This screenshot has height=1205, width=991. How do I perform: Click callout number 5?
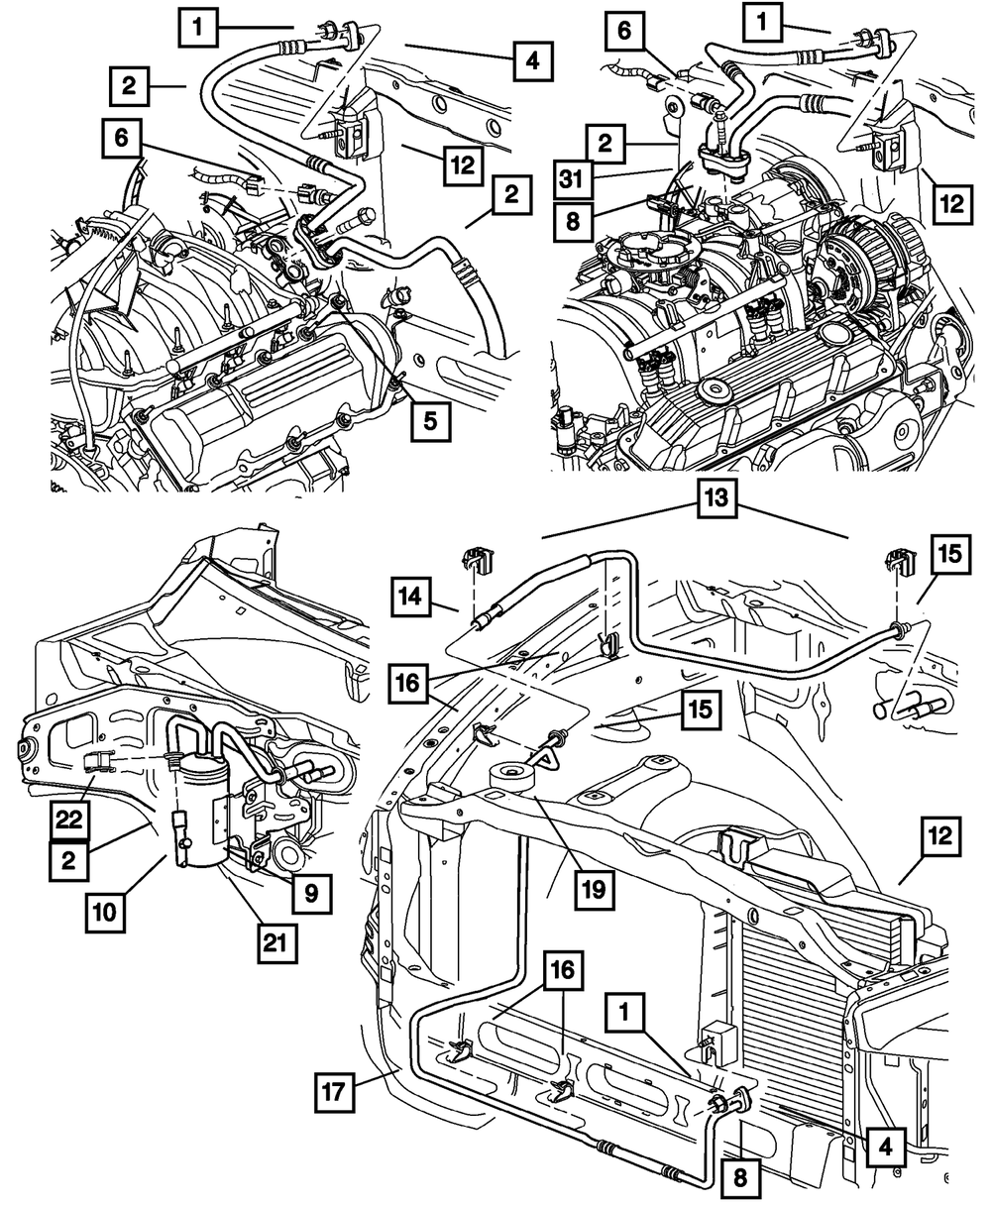(428, 420)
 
